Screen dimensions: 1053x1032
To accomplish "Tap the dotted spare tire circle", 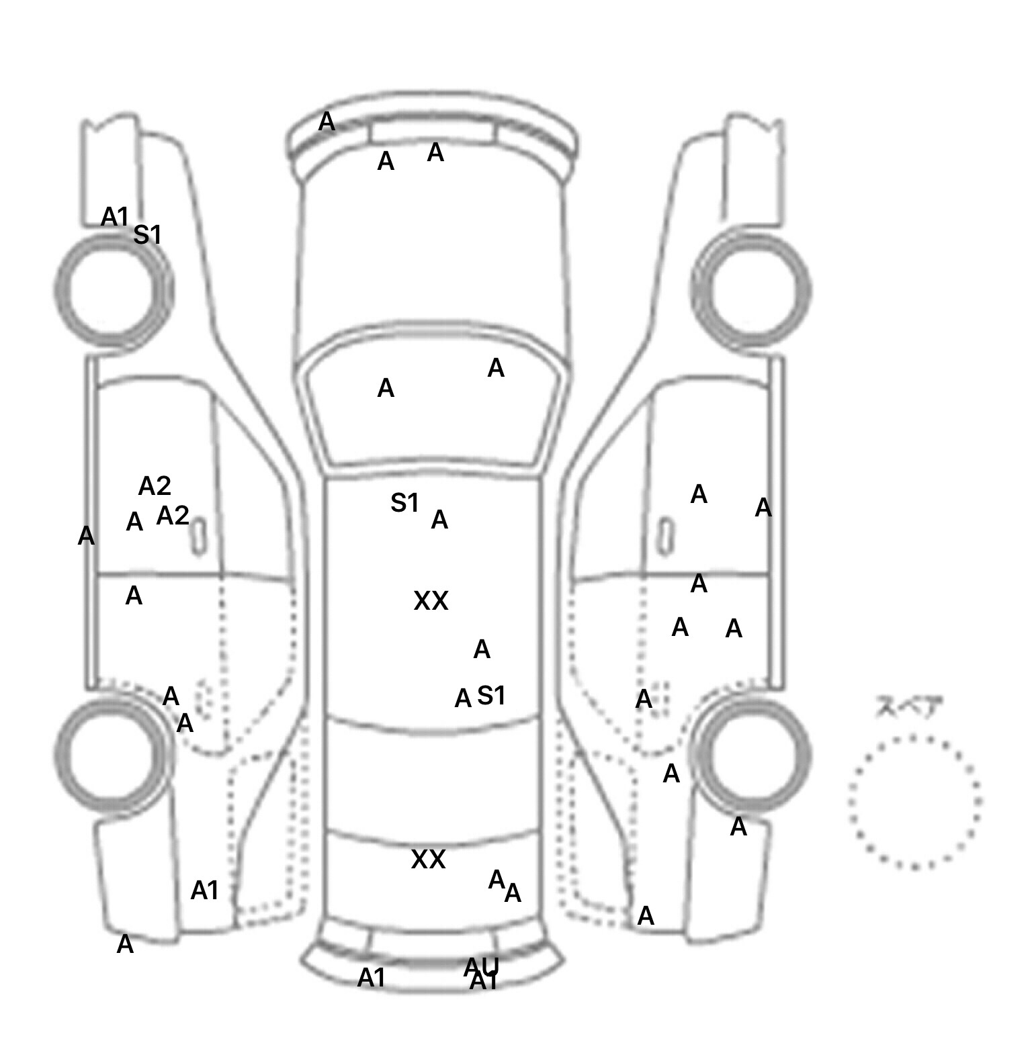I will (914, 801).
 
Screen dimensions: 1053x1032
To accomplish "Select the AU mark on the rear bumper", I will (482, 966).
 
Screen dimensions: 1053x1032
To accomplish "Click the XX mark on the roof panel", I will (431, 601).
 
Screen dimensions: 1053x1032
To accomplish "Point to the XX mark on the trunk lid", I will (428, 860).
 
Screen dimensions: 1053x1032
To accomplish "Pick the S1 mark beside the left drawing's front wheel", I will (148, 235).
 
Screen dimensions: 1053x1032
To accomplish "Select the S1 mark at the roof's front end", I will (404, 502).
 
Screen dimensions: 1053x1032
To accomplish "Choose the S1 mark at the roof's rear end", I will (491, 696).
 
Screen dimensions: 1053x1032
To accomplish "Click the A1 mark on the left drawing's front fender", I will (114, 217).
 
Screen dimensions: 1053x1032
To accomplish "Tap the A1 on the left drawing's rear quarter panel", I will (205, 890).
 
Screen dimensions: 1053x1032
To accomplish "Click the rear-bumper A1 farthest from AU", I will (372, 978).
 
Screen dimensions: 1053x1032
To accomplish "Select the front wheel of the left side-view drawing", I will (113, 289).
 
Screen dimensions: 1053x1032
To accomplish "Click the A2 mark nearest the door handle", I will (173, 516).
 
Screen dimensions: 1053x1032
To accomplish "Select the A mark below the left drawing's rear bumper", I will (125, 945).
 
